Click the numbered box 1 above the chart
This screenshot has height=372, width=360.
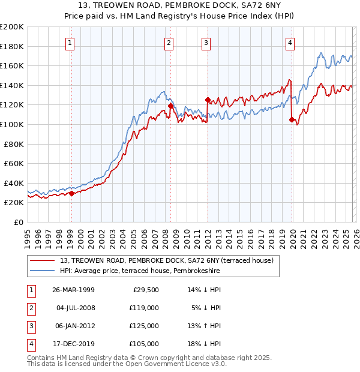pyautogui.click(x=70, y=43)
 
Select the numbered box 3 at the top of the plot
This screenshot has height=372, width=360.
pyautogui.click(x=206, y=43)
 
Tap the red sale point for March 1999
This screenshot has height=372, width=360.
pyautogui.click(x=71, y=193)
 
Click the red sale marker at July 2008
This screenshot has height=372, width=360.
pyautogui.click(x=170, y=106)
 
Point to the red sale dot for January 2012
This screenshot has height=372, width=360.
pyautogui.click(x=208, y=100)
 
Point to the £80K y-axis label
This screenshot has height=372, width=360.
pyautogui.click(x=14, y=144)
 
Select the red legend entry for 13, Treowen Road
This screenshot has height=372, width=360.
pyautogui.click(x=166, y=260)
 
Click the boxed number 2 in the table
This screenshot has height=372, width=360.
pyautogui.click(x=29, y=308)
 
